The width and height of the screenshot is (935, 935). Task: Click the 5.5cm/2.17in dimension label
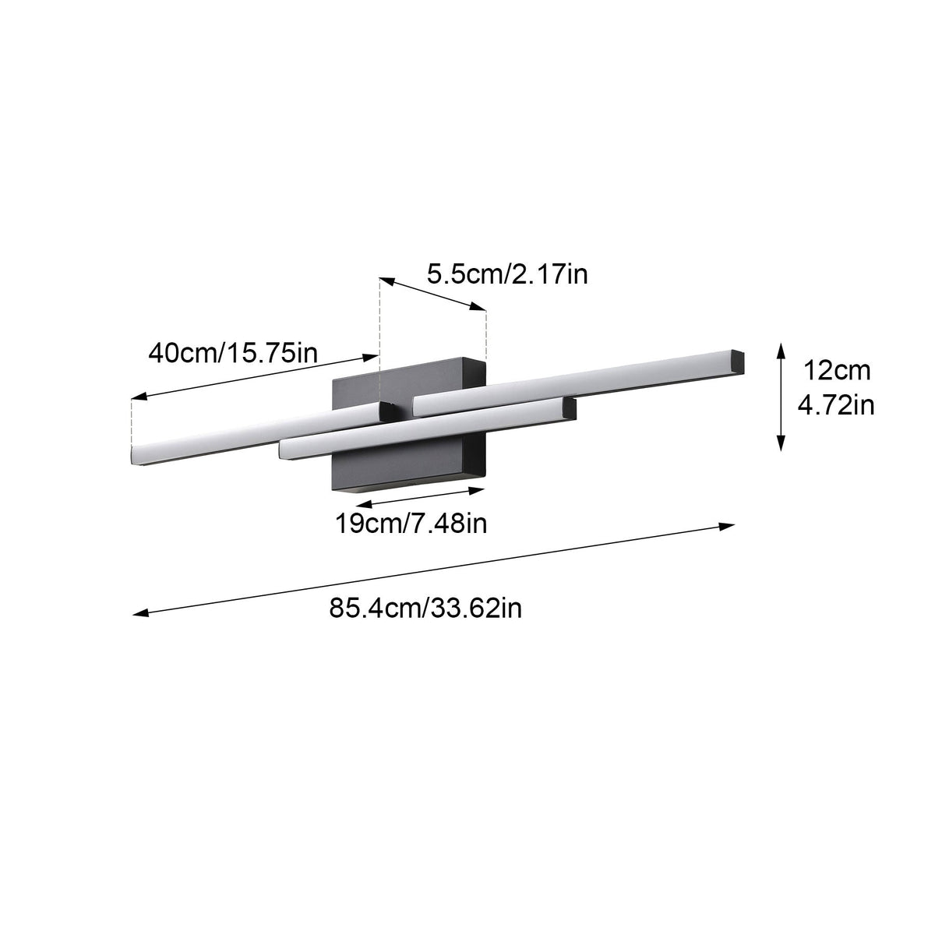(x=507, y=274)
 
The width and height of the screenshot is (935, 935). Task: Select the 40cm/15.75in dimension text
(x=233, y=353)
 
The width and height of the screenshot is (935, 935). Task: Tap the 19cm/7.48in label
(x=411, y=524)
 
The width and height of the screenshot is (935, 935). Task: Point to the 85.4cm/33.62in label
(x=425, y=608)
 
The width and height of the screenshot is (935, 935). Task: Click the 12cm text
(x=837, y=371)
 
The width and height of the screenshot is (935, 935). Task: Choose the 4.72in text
(x=836, y=405)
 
